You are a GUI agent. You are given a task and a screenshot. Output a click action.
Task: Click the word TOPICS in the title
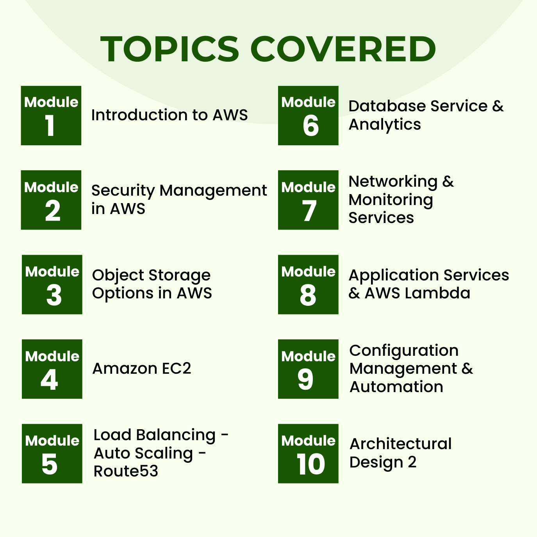coord(170,49)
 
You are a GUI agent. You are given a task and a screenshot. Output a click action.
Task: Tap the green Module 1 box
coord(51,116)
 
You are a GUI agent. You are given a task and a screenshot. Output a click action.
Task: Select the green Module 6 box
coord(308,116)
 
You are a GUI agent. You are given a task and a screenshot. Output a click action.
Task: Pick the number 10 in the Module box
coord(310,464)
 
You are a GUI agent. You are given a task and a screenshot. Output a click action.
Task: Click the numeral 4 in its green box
coord(50,380)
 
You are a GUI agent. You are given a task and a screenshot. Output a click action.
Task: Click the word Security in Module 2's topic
coord(123,191)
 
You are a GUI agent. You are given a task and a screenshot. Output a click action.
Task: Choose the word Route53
coord(126,471)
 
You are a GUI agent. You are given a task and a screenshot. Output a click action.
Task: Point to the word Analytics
coord(385,125)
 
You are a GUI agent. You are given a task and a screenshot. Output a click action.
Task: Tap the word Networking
coord(393,182)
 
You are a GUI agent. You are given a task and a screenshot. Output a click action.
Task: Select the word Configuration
coord(404,351)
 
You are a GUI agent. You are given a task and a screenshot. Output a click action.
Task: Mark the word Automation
coord(396,387)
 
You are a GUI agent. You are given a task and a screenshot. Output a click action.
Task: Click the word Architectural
coord(401,444)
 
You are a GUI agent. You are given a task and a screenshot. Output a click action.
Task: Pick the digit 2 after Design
coord(412,462)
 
